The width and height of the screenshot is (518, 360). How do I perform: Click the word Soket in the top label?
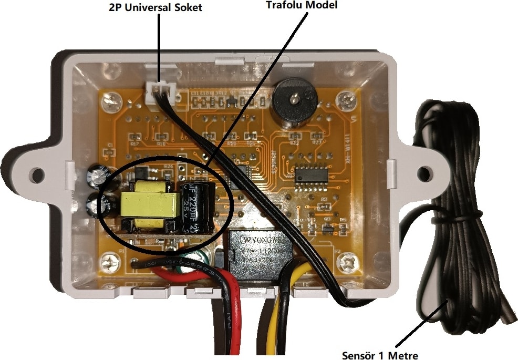tap(188, 8)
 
